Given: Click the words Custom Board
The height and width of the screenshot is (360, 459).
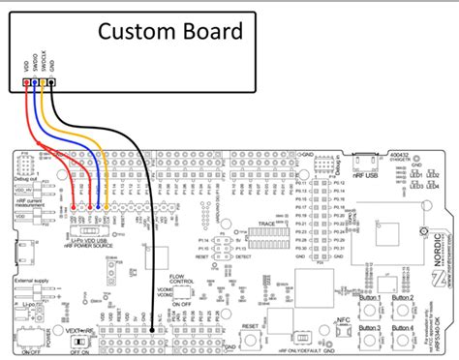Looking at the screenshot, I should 170,33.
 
